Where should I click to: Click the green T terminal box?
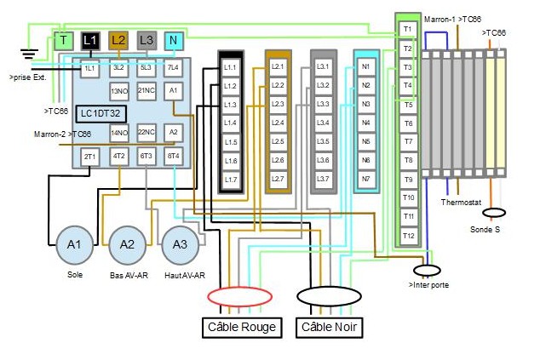(64, 40)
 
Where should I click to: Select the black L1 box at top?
(90, 40)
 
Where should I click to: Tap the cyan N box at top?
(173, 40)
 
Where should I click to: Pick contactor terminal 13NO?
(119, 89)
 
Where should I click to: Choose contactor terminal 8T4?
(173, 156)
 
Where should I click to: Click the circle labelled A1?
(74, 245)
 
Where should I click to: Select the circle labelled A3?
(180, 245)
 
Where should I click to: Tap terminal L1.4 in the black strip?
(231, 123)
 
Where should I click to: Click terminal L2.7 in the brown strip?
(278, 179)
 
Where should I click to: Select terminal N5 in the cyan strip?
(366, 141)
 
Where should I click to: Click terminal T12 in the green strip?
(408, 235)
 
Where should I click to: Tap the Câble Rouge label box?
(241, 327)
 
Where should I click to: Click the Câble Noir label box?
(330, 327)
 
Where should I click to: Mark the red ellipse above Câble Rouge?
(240, 296)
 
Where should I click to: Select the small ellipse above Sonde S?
(495, 213)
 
